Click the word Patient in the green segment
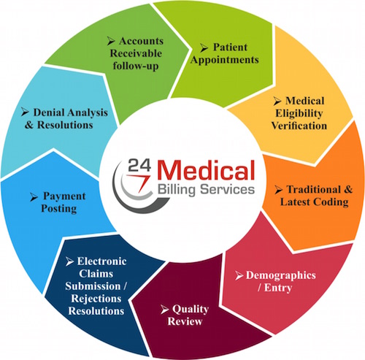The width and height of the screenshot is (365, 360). pyautogui.click(x=230, y=47)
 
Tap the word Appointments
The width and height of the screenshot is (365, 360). pyautogui.click(x=224, y=60)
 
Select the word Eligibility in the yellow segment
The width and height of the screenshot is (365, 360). pyautogui.click(x=299, y=114)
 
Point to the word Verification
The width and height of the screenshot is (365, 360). pyautogui.click(x=299, y=126)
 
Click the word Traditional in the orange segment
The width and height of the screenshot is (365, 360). pyautogui.click(x=314, y=189)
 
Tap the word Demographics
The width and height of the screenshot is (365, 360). pyautogui.click(x=281, y=275)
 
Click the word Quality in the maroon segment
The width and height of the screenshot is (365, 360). pyautogui.click(x=191, y=310)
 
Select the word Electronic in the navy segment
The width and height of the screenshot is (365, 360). pyautogui.click(x=101, y=261)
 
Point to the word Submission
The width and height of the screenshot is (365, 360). pyautogui.click(x=93, y=286)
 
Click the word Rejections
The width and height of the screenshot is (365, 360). pyautogui.click(x=96, y=299)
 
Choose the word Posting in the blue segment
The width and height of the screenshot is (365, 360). pyautogui.click(x=59, y=209)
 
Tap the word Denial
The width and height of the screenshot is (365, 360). pyautogui.click(x=49, y=112)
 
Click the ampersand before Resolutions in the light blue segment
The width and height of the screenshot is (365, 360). pyautogui.click(x=29, y=125)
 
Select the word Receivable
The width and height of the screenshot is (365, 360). pyautogui.click(x=136, y=53)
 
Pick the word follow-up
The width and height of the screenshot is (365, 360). pyautogui.click(x=136, y=66)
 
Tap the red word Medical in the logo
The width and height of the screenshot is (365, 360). pyautogui.click(x=206, y=170)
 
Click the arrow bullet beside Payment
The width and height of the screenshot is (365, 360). pyautogui.click(x=34, y=197)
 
